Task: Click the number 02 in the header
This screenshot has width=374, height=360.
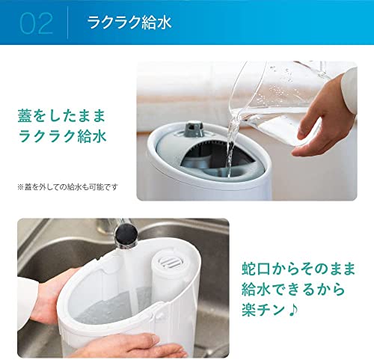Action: point(37,23)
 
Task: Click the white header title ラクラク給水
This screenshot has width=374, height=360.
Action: point(129,22)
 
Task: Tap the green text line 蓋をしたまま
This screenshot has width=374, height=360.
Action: point(61,116)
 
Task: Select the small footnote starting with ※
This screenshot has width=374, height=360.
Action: point(67,187)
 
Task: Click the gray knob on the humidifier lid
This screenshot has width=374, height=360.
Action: point(194,128)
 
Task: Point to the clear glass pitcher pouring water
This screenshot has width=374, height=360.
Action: point(277,100)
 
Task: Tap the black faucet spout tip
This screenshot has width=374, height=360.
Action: point(126,235)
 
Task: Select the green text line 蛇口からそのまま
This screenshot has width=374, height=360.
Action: point(298,269)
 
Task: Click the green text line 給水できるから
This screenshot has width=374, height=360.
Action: point(293,290)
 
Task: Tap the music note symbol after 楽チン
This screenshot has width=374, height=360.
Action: point(292,310)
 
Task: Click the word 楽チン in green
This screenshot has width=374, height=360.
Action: point(263,310)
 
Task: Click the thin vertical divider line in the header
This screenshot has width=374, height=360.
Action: point(68,22)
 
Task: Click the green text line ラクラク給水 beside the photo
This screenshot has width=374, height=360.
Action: point(62,136)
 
